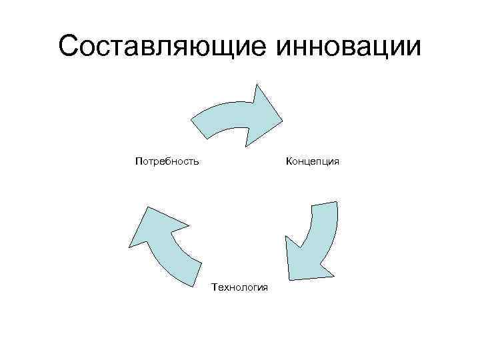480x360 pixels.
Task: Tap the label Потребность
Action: pyautogui.click(x=167, y=161)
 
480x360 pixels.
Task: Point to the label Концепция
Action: pyautogui.click(x=313, y=161)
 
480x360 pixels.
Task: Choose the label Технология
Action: pyautogui.click(x=239, y=287)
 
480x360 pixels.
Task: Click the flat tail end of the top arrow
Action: pyautogui.click(x=199, y=129)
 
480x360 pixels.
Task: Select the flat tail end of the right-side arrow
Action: pyautogui.click(x=324, y=204)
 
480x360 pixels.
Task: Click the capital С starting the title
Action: pyautogui.click(x=69, y=47)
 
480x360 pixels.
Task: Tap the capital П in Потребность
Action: pyautogui.click(x=138, y=161)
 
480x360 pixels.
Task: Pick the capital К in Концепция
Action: pyautogui.click(x=289, y=161)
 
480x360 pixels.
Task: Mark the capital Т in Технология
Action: pyautogui.click(x=214, y=287)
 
